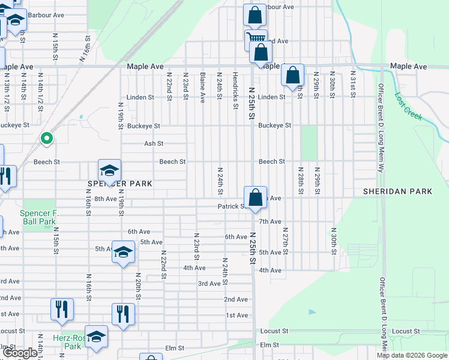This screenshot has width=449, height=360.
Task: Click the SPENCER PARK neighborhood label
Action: (x=119, y=183)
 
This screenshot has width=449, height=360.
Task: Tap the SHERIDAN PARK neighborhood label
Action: (x=397, y=191)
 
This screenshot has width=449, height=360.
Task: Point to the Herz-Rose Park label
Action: (x=72, y=342)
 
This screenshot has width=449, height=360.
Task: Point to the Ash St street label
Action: (x=154, y=144)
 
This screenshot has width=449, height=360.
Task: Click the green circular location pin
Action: (x=46, y=139)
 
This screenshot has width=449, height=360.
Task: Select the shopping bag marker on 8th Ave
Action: (x=255, y=197)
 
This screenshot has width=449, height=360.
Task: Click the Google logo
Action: (x=20, y=353)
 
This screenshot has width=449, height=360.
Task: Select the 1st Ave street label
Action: (x=237, y=315)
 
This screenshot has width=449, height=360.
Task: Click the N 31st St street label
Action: (x=352, y=85)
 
